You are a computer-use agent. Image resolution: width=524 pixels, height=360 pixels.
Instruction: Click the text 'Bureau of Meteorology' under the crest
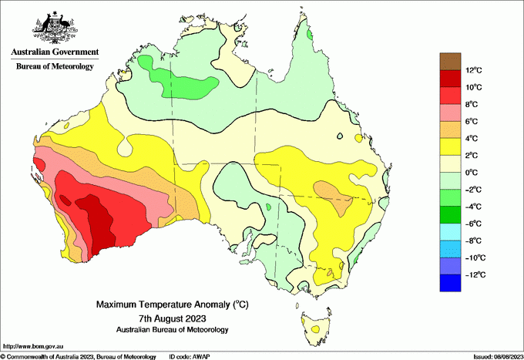[54, 66]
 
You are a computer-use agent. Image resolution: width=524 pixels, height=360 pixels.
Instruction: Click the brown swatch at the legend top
[450, 61]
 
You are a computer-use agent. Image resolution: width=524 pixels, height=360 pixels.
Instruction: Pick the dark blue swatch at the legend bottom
[450, 283]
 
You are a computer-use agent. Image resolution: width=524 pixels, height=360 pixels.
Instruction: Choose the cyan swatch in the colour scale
[450, 232]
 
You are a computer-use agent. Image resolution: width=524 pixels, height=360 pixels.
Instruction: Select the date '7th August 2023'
[173, 318]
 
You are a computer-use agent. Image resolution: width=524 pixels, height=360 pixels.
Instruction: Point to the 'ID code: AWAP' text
[190, 356]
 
